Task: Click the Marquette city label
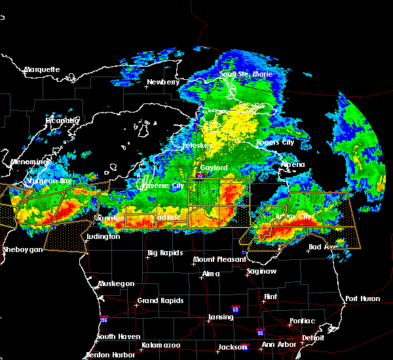[42, 69]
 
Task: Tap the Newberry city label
[162, 82]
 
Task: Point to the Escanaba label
[62, 120]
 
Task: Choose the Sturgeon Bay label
[47, 181]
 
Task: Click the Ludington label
[102, 236]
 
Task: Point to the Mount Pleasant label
[215, 260]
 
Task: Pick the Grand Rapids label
[158, 301]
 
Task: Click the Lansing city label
[221, 317]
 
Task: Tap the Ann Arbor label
[277, 345]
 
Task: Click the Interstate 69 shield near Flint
[235, 308]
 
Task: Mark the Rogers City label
[276, 142]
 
